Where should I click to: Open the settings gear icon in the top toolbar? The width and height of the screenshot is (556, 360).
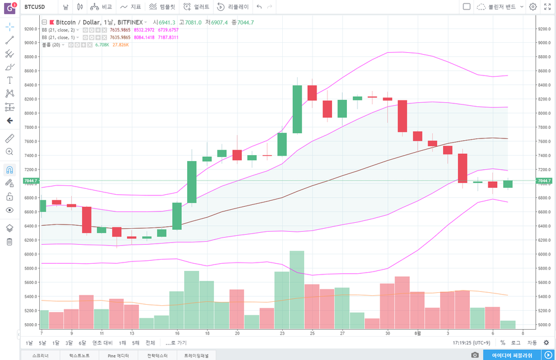[x=533, y=7]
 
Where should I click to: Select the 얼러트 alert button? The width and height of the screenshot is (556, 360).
[x=197, y=7]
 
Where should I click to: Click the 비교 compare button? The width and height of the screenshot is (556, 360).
[x=101, y=7]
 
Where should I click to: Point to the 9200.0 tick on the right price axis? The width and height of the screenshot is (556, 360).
[x=545, y=29]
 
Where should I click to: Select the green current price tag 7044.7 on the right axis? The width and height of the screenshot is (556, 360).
[x=545, y=181]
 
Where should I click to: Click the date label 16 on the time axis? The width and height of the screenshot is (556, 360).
[x=177, y=333]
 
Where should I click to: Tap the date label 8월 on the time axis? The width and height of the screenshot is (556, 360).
[x=418, y=333]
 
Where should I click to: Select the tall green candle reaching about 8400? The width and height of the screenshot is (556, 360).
[x=297, y=109]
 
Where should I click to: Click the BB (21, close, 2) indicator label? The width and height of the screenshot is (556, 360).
[x=58, y=30]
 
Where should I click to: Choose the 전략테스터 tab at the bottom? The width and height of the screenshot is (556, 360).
[x=153, y=355]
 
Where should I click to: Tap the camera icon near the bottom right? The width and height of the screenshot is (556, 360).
[x=475, y=355]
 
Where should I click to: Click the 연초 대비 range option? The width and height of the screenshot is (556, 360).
[x=102, y=343]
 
